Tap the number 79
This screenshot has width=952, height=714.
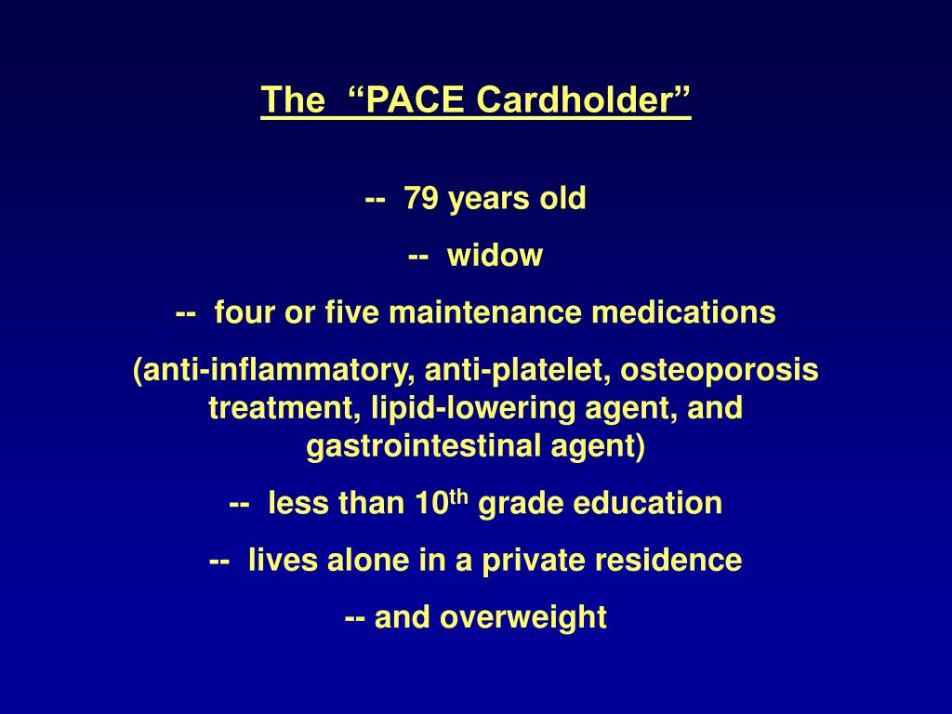(424, 198)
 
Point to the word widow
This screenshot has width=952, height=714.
(495, 256)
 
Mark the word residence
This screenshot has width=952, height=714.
(677, 562)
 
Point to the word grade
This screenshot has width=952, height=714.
(522, 504)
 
